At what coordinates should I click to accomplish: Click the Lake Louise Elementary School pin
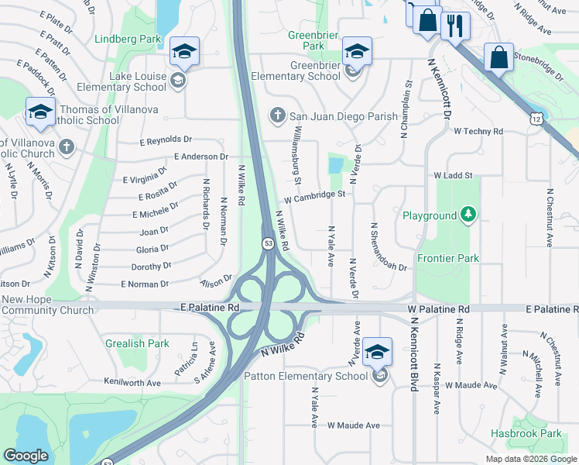pos(183,53)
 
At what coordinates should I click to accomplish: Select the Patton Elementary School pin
pos(376,354)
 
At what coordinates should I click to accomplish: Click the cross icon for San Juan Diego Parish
pos(278,116)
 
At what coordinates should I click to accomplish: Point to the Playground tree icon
pos(468,215)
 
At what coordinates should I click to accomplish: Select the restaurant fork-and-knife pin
pos(455,26)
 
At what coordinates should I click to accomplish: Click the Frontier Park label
pos(448,258)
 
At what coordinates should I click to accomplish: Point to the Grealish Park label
pos(138,343)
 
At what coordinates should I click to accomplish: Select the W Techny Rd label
pos(478,132)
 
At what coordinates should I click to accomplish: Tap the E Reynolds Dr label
pos(166,140)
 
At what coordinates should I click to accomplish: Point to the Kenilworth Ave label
pos(133,383)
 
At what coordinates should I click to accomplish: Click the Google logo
pos(26,456)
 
